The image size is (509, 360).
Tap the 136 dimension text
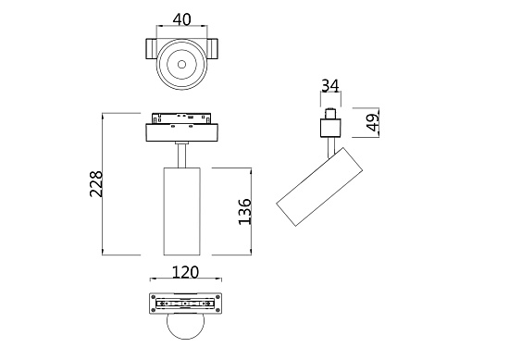[244, 211]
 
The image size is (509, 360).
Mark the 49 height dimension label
[372, 122]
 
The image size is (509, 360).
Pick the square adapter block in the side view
[330, 124]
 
